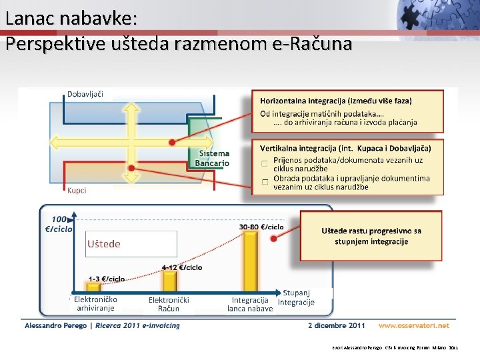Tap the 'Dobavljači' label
pyautogui.click(x=85, y=94)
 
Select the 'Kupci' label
pyautogui.click(x=77, y=191)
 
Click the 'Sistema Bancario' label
pyautogui.click(x=213, y=158)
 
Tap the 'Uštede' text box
pyautogui.click(x=131, y=244)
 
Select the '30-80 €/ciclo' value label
pyautogui.click(x=261, y=227)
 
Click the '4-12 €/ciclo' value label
pyautogui.click(x=182, y=267)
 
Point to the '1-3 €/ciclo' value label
pyautogui.click(x=107, y=278)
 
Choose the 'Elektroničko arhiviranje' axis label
pyautogui.click(x=95, y=304)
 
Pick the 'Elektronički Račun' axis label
pyautogui.click(x=169, y=304)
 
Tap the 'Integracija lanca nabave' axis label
pyautogui.click(x=250, y=304)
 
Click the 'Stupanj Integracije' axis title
pyautogui.click(x=297, y=297)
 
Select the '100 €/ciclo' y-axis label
pyautogui.click(x=59, y=224)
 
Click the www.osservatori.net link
pyautogui.click(x=414, y=325)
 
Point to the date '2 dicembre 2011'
pyautogui.click(x=337, y=325)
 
